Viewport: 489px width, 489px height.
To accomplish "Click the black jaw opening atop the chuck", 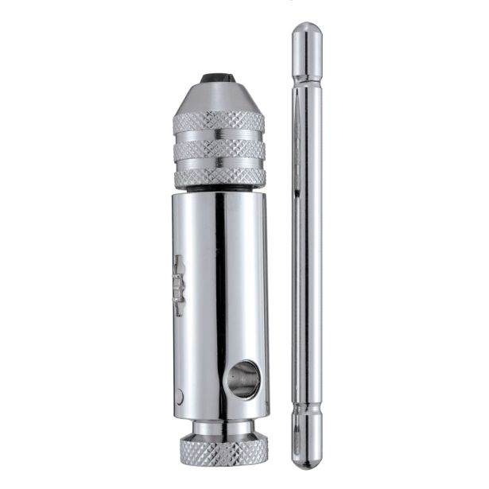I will [x=220, y=78].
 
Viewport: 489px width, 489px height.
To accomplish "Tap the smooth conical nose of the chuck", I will [x=220, y=96].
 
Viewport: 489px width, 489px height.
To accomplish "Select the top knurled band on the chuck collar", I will [x=220, y=122].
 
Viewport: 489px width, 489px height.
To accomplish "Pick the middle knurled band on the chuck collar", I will [x=220, y=150].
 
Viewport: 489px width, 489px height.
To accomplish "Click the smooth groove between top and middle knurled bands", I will [x=220, y=137].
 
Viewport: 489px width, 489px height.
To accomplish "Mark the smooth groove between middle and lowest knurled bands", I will [x=220, y=164].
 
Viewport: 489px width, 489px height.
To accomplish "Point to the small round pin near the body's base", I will [x=181, y=395].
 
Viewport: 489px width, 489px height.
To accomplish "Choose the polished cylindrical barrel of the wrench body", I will [x=220, y=302].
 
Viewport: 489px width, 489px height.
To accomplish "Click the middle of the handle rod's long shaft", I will [x=307, y=246].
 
